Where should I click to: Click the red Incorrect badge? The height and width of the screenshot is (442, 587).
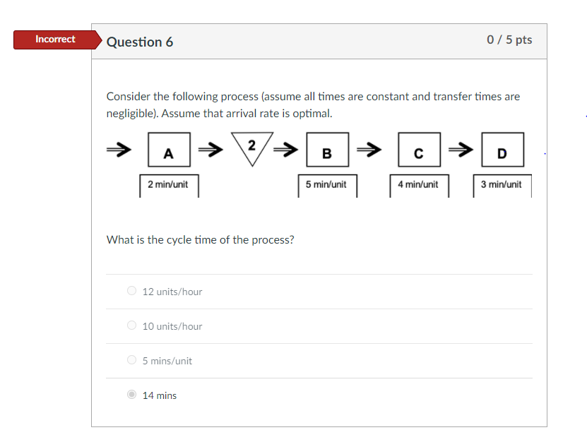[55, 40]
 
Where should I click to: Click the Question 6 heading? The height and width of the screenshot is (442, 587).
[140, 42]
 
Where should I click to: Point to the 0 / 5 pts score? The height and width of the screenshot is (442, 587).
[509, 40]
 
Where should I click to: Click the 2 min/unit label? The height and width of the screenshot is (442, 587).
[168, 184]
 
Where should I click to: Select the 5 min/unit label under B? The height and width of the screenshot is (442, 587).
[326, 184]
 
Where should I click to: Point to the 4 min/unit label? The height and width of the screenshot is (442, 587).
[418, 184]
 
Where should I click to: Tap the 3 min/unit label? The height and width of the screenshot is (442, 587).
[502, 184]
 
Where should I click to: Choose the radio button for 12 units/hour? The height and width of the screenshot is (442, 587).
[131, 291]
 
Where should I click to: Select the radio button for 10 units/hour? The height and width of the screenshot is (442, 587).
[131, 325]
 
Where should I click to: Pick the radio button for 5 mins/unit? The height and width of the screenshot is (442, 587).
[131, 360]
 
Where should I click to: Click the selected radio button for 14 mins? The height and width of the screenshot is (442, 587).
[131, 395]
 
